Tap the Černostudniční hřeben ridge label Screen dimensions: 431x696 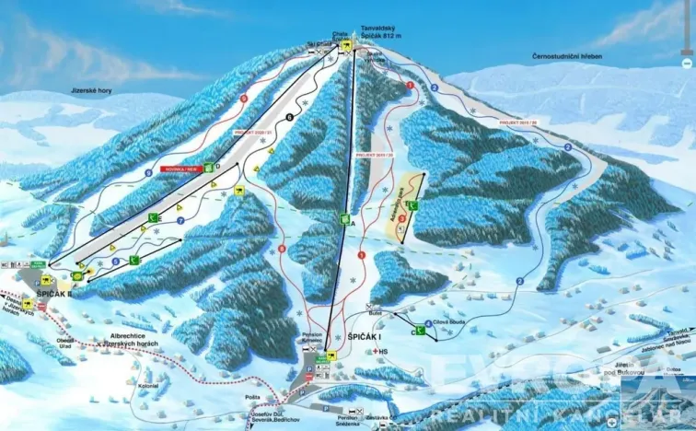tap(566, 57)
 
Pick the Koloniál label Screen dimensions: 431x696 tap(149, 386)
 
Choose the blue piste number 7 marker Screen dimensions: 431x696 tap(182, 222)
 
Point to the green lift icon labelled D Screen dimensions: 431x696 tap(209, 167)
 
